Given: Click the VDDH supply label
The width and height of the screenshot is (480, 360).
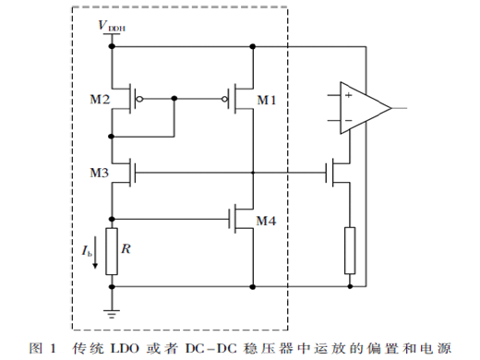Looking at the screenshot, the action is [112, 26].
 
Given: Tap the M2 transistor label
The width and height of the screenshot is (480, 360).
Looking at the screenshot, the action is [100, 100].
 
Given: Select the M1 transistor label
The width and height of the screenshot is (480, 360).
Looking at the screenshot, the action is [267, 100].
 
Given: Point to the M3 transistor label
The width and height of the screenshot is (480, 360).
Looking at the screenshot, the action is [100, 173].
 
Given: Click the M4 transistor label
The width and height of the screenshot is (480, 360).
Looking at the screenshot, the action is [266, 221].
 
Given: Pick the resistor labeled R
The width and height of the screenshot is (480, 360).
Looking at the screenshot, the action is [112, 251].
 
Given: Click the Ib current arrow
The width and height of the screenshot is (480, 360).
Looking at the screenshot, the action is [95, 252].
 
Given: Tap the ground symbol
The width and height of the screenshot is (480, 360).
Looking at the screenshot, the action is [112, 314].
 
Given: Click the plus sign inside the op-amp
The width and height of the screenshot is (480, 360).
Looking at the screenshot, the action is [348, 95].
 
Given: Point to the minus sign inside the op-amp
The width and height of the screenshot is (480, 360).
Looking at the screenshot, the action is [348, 120].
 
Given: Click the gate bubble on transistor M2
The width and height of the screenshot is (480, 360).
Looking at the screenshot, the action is [139, 99].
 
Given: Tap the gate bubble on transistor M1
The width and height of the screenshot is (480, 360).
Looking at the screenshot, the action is [225, 99].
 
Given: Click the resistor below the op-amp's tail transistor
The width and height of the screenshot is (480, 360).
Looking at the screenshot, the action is [350, 250].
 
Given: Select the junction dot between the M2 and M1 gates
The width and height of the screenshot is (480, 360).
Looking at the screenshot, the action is [174, 99].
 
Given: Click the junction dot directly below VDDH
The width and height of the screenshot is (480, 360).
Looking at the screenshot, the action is [112, 46].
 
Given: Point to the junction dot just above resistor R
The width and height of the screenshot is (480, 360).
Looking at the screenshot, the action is [112, 219].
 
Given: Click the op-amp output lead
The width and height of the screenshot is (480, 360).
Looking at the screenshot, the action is [399, 108].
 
